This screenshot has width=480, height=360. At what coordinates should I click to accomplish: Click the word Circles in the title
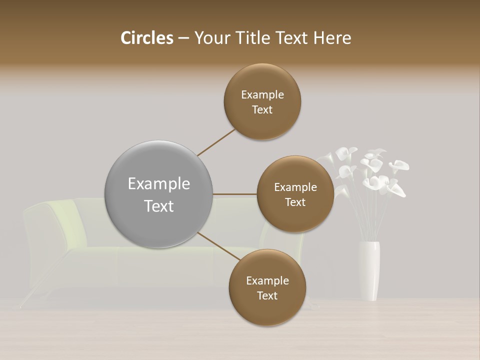pos(147,38)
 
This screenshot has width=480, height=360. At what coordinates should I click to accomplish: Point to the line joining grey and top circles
pos(216,142)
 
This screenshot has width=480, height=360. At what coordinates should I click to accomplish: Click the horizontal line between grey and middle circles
pos(235,194)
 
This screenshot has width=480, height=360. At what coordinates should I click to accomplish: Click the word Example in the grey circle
pos(159,183)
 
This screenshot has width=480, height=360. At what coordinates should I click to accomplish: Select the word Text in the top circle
pos(262,110)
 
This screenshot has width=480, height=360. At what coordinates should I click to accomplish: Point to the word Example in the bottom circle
pos(267,280)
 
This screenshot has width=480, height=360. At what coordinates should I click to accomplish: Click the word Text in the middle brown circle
pos(295,202)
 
